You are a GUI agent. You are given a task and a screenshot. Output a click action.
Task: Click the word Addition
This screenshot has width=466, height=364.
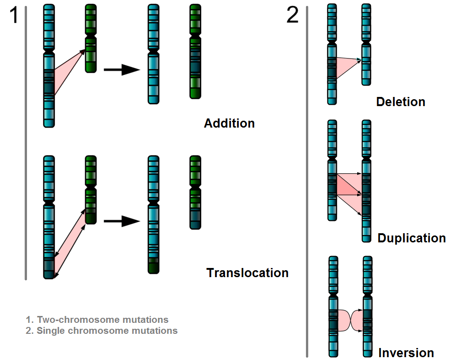click(x=229, y=123)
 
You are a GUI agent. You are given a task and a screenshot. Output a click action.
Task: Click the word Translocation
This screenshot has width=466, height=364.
click(x=247, y=273)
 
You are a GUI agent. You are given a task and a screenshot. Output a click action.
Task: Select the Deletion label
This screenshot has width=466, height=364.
click(x=401, y=102)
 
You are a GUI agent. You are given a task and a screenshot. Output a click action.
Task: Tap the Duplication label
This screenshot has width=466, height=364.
click(x=412, y=238)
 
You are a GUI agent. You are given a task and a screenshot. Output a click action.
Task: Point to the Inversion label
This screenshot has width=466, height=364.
click(x=406, y=353)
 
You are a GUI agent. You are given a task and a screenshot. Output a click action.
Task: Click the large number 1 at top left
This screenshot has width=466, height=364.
click(x=14, y=16)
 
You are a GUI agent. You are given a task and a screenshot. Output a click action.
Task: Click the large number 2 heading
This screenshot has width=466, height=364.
click(x=293, y=16)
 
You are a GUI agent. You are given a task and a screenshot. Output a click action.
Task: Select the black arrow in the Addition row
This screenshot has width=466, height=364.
click(x=121, y=70)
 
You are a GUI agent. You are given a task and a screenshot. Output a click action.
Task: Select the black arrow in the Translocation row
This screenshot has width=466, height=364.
click(x=121, y=222)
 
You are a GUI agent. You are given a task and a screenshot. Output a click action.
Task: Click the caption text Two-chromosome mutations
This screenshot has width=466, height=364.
click(x=102, y=320)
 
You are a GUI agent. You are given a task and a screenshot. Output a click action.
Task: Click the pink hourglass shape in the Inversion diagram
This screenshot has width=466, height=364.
click(x=350, y=320)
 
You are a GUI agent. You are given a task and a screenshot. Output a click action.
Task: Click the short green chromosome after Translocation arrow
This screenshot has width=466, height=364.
click(x=195, y=192)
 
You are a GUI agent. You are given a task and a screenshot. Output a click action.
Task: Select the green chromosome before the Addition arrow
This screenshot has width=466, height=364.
click(x=91, y=39)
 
